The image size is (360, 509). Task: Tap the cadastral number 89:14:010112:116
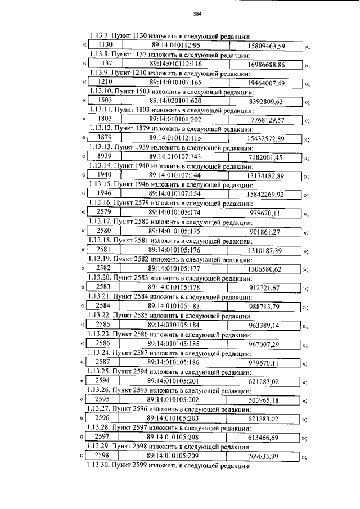175,65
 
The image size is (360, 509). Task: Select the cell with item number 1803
105,119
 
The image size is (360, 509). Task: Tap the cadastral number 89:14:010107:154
175,193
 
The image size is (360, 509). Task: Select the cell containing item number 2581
103,248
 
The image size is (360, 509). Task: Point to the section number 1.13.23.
100,333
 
